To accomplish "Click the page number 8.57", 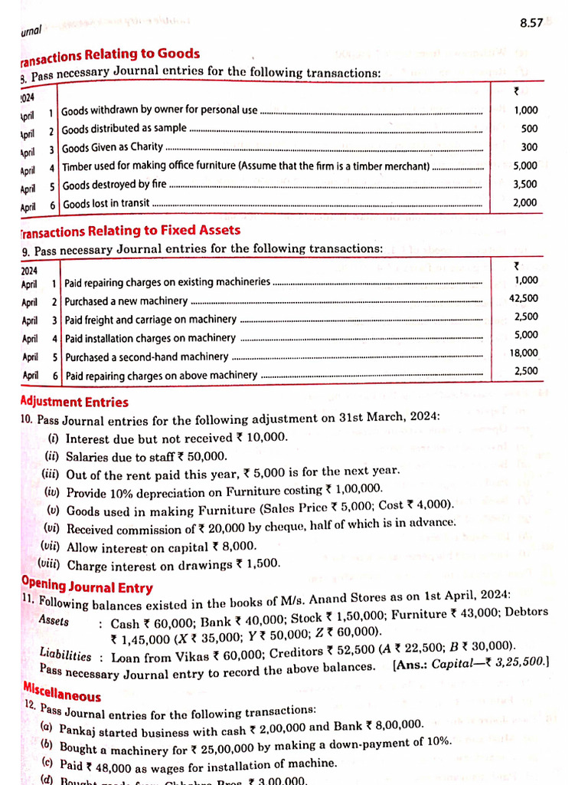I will coord(531,23).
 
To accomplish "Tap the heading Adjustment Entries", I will coord(74,402).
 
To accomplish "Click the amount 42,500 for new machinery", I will coord(524,298).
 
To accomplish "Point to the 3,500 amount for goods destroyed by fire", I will coord(525,184).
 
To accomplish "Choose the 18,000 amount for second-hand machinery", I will coord(524,353).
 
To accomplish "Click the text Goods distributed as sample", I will coord(124,129).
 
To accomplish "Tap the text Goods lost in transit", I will coord(106,204).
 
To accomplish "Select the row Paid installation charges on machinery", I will coord(150,338).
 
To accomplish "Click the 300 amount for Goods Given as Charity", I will coord(529,147).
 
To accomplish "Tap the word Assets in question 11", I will coord(54,620).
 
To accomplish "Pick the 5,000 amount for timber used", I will coord(525,166).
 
